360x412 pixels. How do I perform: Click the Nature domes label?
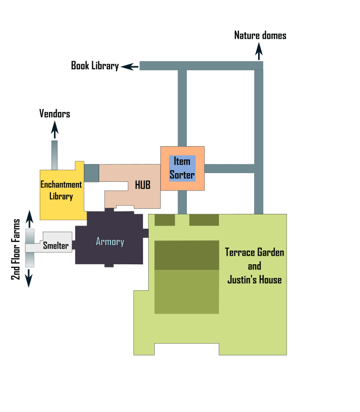coord(260,35)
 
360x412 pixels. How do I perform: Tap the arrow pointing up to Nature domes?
coord(259,51)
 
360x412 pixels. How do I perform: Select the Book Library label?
coord(95,66)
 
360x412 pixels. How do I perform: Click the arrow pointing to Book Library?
coord(130,66)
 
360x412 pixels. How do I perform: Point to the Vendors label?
coord(54,114)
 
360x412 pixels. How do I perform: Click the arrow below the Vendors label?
coord(54,130)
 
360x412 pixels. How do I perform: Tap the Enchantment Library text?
coord(61,190)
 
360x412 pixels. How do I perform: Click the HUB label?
coord(143,185)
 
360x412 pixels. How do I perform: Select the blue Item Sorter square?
coord(182,168)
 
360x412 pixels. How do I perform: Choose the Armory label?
coord(110,241)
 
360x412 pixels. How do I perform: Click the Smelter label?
coord(56,246)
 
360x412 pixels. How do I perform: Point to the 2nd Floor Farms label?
coord(16,250)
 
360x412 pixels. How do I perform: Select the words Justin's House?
coord(255,280)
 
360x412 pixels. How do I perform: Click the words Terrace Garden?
coord(255,252)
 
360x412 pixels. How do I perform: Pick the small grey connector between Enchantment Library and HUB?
coord(92,173)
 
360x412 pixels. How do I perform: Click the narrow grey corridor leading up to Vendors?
coord(54,154)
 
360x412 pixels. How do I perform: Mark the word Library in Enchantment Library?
coord(61,196)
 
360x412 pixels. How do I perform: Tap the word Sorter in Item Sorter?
coord(182,175)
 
